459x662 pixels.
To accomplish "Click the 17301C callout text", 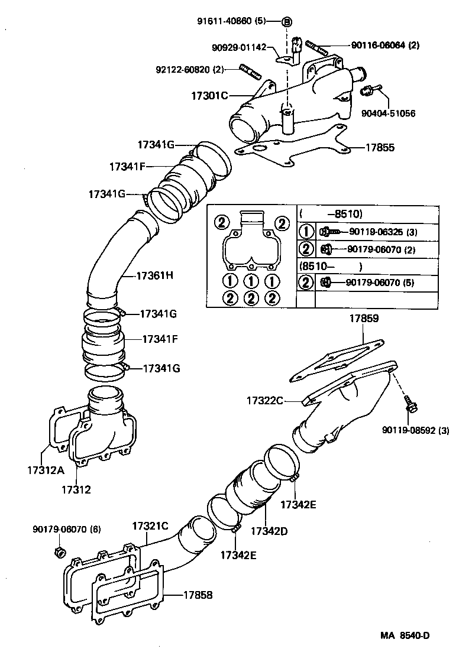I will [x=209, y=95].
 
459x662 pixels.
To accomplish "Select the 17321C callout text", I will [x=150, y=525].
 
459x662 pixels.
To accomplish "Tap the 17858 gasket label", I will [x=198, y=595].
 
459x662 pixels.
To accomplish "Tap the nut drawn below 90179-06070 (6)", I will [x=59, y=553].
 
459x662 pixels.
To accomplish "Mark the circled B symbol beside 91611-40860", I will [x=287, y=21].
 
